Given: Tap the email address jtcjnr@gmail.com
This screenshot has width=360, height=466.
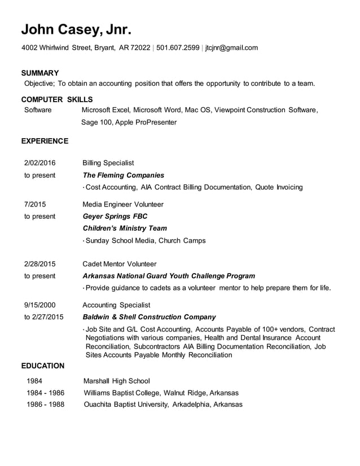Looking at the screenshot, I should pos(231,48).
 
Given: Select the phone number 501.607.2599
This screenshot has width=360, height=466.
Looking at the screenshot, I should pos(178,48).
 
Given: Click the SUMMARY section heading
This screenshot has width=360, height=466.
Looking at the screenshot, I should pos(40,73).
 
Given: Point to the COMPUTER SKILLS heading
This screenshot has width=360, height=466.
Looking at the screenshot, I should pos(56,99).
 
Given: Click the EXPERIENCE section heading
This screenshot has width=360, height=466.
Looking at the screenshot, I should pos(45,141).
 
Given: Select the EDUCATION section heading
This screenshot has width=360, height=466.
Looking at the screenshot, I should pos(43,366).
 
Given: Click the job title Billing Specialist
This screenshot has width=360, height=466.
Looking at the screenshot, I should pos(108,163).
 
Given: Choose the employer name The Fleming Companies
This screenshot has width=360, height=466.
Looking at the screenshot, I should pos(124,175).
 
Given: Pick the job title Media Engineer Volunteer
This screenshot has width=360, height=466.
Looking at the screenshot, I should pos(123,204).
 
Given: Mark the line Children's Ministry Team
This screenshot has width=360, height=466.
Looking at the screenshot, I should pos(125,228).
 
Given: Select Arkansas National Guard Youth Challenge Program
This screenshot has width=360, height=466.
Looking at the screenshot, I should pos(169,276).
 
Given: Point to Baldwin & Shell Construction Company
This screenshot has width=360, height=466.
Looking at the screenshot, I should pos(149,317).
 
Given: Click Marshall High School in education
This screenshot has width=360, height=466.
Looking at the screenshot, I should pos(117,381).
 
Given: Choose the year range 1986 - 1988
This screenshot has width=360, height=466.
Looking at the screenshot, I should pos(45,405).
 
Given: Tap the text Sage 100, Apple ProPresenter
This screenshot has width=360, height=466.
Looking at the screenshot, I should pos(129,122).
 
